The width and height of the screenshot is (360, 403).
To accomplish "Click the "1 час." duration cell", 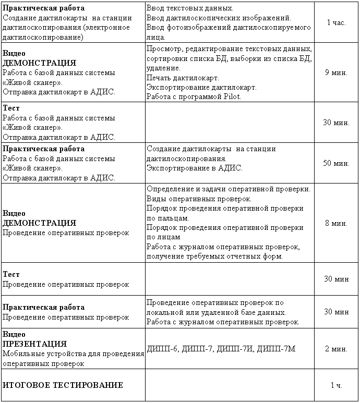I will [336, 23].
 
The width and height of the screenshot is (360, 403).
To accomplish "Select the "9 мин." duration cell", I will [336, 72].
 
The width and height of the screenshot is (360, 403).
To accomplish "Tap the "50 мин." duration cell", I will [336, 163].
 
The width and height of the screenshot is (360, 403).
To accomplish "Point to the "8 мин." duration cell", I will [336, 223].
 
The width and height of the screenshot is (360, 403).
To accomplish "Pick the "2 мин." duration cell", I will [336, 349].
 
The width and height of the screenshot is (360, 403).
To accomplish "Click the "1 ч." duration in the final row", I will [336, 385].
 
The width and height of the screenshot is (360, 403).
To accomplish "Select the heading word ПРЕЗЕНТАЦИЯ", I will [35, 344].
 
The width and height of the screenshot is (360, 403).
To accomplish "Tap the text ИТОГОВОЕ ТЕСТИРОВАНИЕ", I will [63, 385].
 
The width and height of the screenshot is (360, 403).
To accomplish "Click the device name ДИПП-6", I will [162, 349].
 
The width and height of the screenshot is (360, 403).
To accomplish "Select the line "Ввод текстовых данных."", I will [190, 9].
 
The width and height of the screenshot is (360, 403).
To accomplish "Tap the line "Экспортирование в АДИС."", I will [195, 168].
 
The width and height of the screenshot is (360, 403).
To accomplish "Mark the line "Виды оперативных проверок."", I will [199, 199].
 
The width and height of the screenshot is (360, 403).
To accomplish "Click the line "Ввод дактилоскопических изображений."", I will [219, 18].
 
